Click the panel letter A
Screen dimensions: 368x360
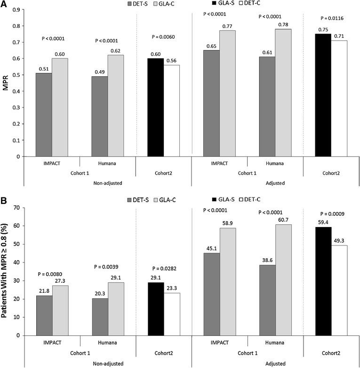coord(4,4)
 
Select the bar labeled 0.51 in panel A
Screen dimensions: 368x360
coord(44,114)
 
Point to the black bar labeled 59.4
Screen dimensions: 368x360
coord(323,281)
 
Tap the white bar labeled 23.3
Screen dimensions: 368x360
coord(171,314)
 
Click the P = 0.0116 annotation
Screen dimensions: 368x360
coord(331,18)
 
